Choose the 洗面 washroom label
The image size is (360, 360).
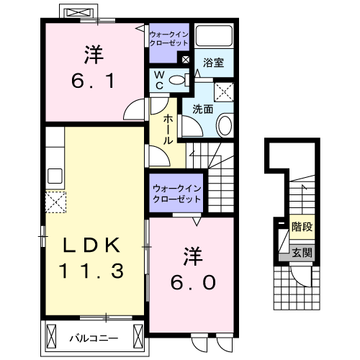(x=202, y=109)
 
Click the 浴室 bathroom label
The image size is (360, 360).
(x=214, y=63)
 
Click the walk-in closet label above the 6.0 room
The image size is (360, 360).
(x=176, y=194)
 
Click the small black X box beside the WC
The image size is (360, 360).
(x=186, y=60)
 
